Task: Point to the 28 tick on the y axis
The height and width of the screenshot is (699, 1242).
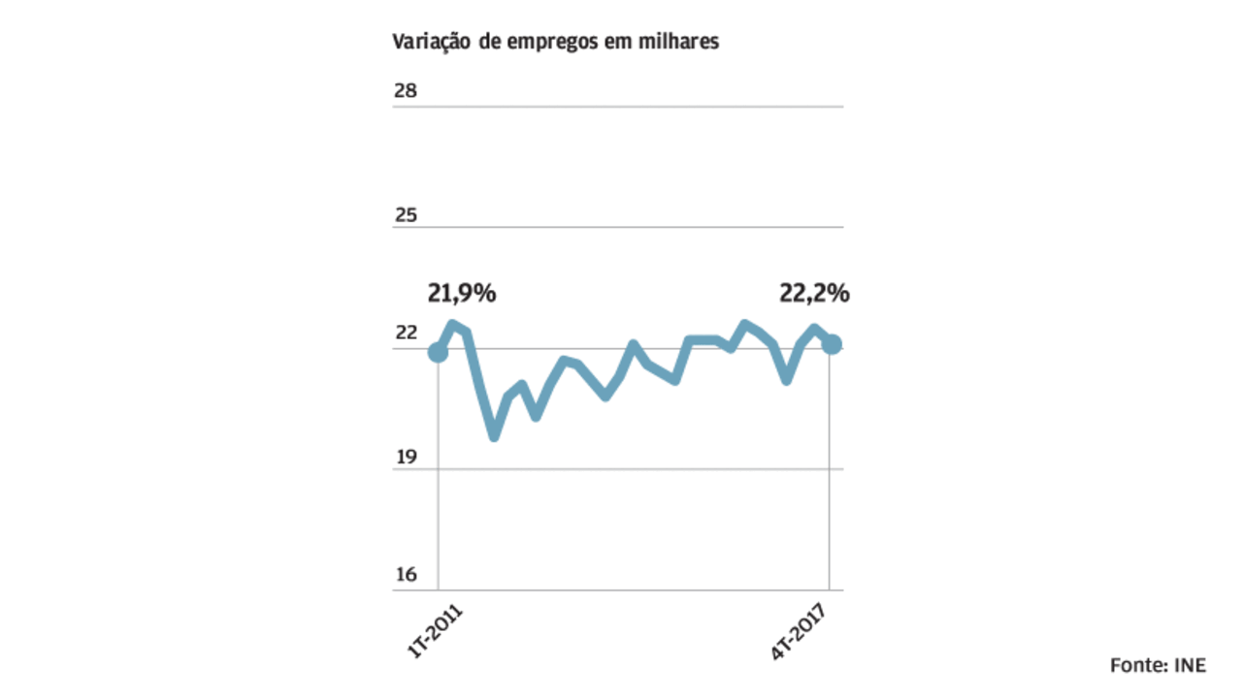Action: click(405, 91)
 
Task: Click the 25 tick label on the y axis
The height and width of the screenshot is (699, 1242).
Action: click(405, 213)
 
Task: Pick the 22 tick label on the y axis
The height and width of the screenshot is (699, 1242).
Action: click(405, 334)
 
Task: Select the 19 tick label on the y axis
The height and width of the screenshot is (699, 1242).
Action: click(405, 456)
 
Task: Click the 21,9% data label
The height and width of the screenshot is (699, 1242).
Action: click(461, 293)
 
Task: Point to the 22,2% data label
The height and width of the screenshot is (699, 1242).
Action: click(814, 293)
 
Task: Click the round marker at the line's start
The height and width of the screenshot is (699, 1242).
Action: click(438, 353)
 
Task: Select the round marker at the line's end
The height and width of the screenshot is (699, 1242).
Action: click(832, 344)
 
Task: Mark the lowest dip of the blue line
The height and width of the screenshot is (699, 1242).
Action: click(494, 435)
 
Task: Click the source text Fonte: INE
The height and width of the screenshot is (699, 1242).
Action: click(1158, 665)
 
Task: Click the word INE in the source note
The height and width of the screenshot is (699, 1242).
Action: click(1191, 665)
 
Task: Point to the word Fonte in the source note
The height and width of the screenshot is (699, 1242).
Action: click(1138, 665)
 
